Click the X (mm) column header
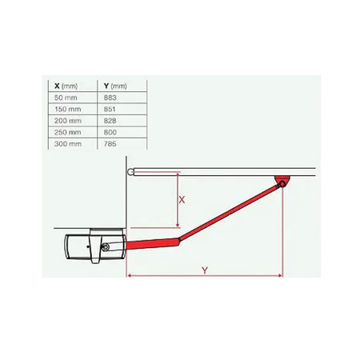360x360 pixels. (x=66, y=86)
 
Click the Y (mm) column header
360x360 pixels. (x=115, y=86)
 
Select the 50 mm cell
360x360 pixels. (x=66, y=98)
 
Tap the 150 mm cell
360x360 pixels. (x=67, y=109)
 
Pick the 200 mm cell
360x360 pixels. (x=67, y=121)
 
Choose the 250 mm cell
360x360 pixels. (x=67, y=132)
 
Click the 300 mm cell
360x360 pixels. (x=67, y=144)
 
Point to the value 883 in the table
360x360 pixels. (x=110, y=98)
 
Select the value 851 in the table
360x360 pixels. (x=110, y=109)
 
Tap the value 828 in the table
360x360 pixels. (x=110, y=121)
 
